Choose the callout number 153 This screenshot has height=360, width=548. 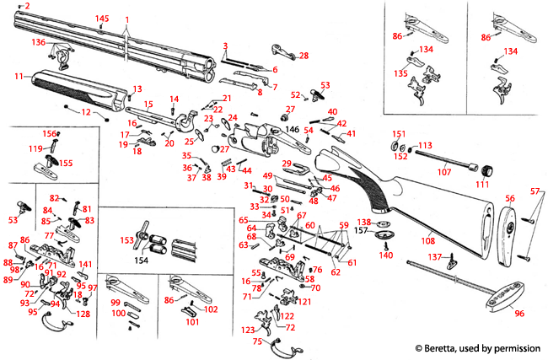(127, 240)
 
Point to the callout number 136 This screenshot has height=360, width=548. (39, 41)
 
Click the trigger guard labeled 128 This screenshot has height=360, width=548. (83, 314)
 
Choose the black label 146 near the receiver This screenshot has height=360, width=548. (293, 131)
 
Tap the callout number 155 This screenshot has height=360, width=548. (65, 163)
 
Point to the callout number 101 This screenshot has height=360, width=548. (192, 321)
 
